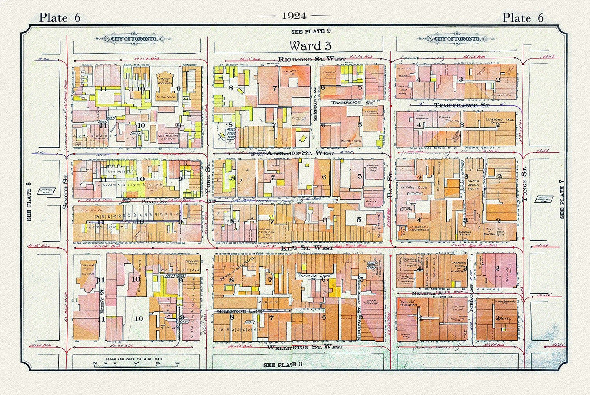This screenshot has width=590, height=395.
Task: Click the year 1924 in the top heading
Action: tap(294, 16)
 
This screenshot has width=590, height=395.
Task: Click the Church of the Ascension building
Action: tap(166, 84)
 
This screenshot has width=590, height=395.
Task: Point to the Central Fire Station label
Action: tap(167, 137)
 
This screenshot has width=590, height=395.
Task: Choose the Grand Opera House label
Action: tap(473, 186)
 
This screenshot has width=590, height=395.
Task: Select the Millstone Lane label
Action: tap(239, 311)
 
